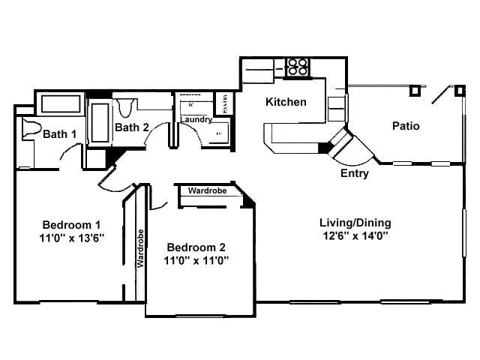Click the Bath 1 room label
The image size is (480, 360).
click(x=59, y=134)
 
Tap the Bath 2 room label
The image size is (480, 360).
click(x=131, y=127)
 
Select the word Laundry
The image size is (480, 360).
click(x=196, y=119)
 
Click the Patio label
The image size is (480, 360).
click(x=406, y=125)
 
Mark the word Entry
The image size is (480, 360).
click(x=355, y=173)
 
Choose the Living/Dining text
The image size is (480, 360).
click(x=355, y=223)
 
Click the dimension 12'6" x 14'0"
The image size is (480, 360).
click(x=355, y=236)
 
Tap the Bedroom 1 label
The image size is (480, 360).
click(x=71, y=225)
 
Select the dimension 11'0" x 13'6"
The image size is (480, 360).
click(x=71, y=238)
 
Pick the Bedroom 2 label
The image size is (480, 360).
click(x=196, y=247)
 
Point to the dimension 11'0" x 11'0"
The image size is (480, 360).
click(x=196, y=261)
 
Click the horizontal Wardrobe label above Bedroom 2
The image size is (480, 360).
click(x=208, y=191)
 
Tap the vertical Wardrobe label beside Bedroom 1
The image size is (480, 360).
click(x=139, y=248)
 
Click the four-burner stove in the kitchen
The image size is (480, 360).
click(x=298, y=67)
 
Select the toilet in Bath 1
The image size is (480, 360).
click(x=30, y=128)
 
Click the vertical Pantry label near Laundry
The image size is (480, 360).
click(x=223, y=102)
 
